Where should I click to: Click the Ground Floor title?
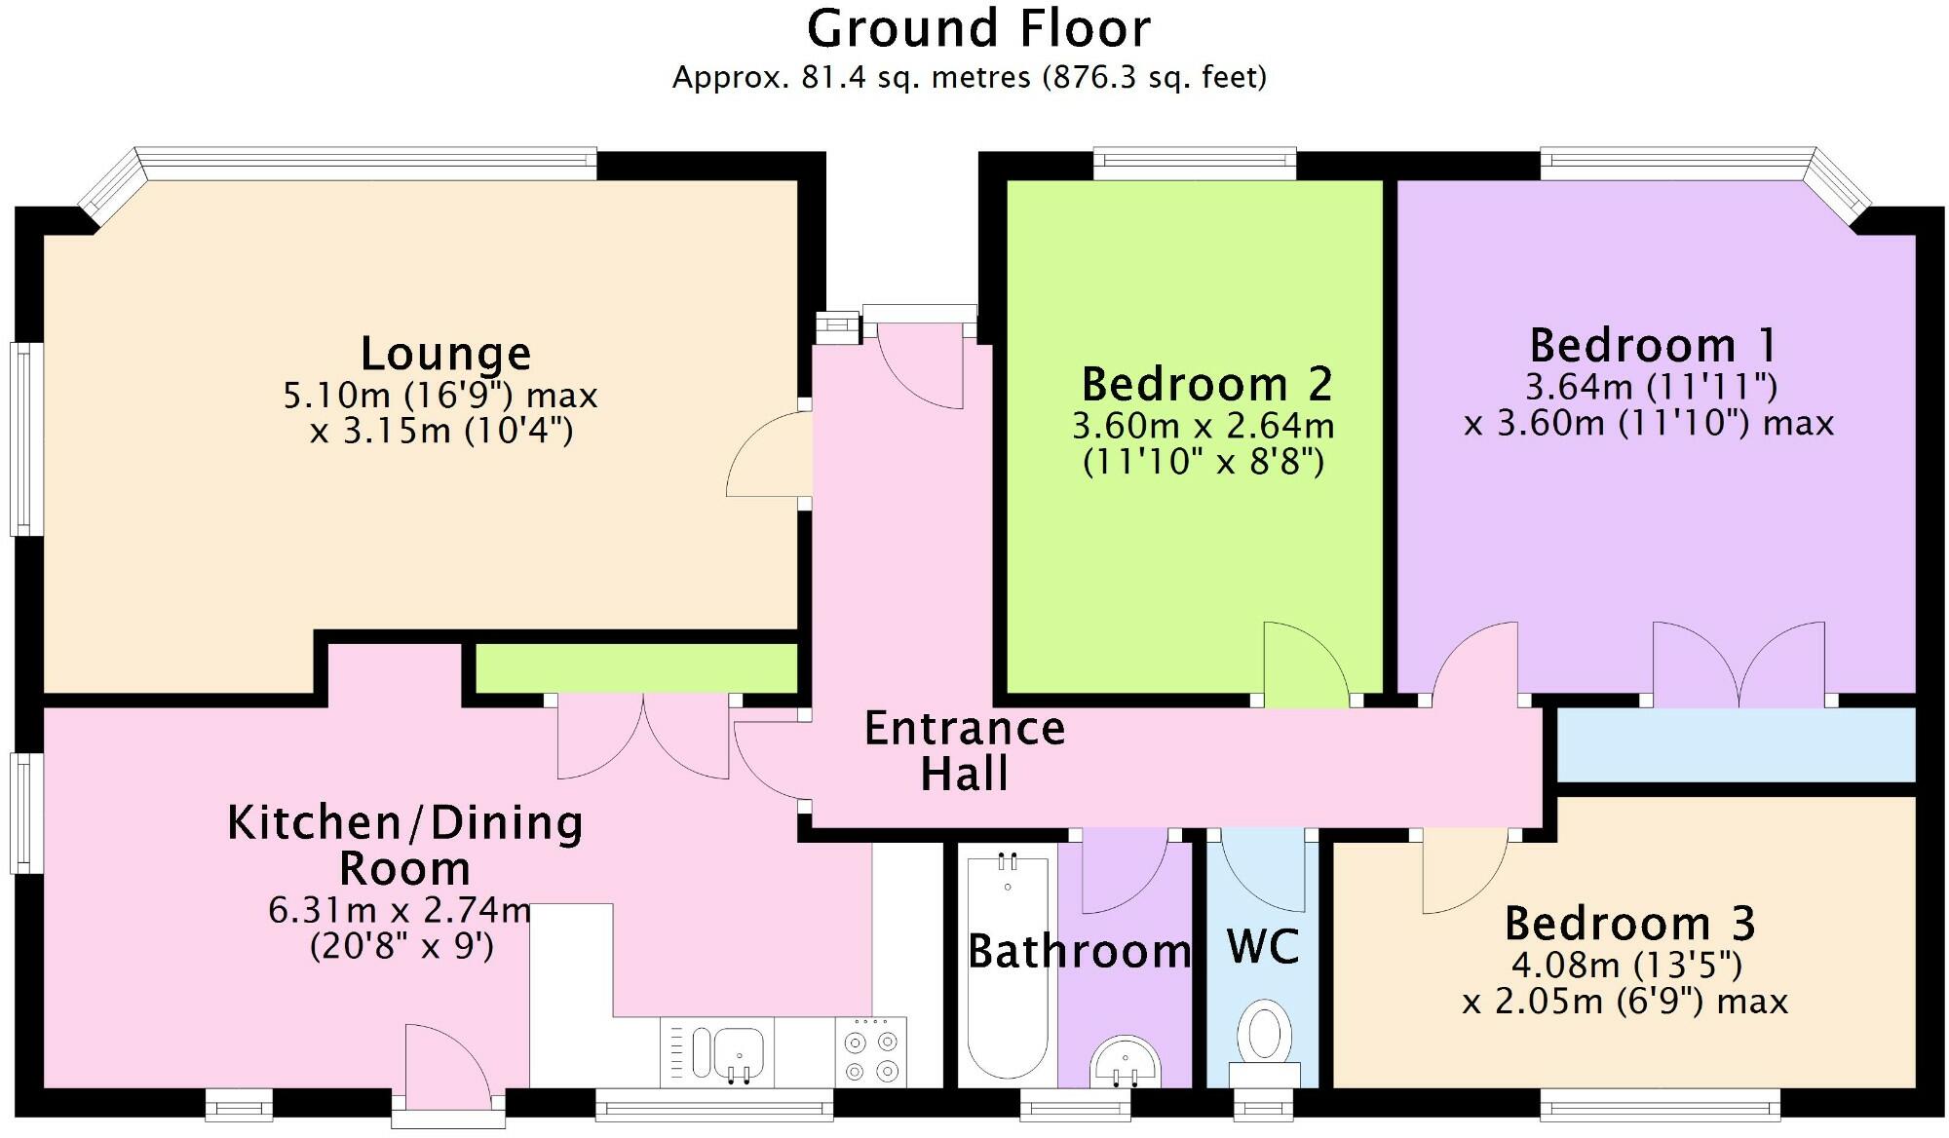click(x=978, y=29)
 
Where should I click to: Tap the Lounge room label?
click(x=445, y=353)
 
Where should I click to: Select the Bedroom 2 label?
click(x=1206, y=384)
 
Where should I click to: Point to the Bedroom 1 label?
click(x=1654, y=345)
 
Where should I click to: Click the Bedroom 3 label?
click(x=1629, y=923)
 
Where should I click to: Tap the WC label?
click(x=1262, y=947)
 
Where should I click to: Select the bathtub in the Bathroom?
click(x=1008, y=965)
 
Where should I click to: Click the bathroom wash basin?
click(x=1125, y=1062)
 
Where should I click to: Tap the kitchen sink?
click(x=726, y=1052)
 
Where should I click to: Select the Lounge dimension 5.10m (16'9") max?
click(x=440, y=396)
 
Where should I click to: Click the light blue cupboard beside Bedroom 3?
click(x=1735, y=744)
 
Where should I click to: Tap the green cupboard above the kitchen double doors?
click(x=635, y=668)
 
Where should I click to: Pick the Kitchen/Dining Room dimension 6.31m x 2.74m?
click(x=400, y=910)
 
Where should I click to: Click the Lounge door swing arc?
click(x=765, y=453)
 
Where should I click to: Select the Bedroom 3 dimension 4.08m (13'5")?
click(x=1626, y=966)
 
